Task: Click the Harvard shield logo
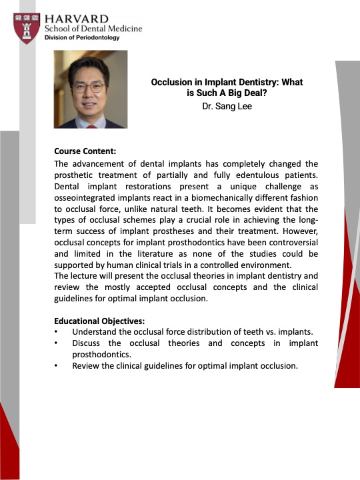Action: click(x=27, y=28)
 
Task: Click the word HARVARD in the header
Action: click(x=77, y=19)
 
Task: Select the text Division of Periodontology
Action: click(x=82, y=37)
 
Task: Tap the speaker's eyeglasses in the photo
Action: click(x=89, y=88)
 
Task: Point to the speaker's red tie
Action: click(x=91, y=126)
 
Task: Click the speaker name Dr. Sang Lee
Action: click(x=227, y=106)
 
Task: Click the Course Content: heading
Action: click(x=85, y=151)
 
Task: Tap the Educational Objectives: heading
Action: click(x=99, y=321)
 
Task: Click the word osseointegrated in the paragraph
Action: click(x=85, y=198)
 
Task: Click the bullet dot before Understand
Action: click(x=56, y=332)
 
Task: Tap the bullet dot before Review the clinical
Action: click(x=56, y=366)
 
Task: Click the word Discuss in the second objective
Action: click(x=86, y=343)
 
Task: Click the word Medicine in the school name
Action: click(x=125, y=29)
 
